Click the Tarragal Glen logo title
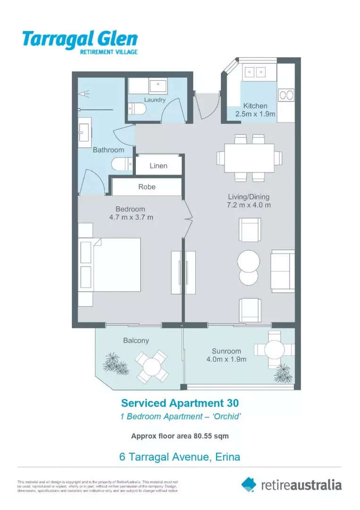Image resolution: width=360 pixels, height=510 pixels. (x=80, y=38)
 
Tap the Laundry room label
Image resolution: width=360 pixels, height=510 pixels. (x=155, y=100)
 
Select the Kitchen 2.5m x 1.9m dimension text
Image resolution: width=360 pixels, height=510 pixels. (x=255, y=110)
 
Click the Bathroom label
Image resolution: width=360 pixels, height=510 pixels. (x=108, y=150)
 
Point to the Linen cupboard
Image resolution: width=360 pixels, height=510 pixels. (x=159, y=166)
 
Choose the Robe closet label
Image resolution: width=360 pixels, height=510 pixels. (x=147, y=187)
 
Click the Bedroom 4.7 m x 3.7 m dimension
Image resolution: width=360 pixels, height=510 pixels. (x=130, y=213)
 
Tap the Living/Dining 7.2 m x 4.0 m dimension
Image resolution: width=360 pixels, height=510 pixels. (x=248, y=201)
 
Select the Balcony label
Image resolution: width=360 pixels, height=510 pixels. (x=136, y=340)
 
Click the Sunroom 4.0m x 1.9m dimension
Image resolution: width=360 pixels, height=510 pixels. (x=226, y=355)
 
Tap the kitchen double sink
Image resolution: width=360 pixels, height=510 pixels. (x=255, y=72)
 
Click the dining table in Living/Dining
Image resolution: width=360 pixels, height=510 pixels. (x=249, y=158)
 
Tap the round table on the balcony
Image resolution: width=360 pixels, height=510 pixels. (x=152, y=366)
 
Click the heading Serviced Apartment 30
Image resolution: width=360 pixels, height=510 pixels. (x=180, y=403)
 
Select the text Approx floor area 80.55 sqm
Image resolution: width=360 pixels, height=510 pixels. (x=180, y=436)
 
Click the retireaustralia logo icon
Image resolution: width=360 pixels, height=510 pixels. (x=249, y=484)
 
